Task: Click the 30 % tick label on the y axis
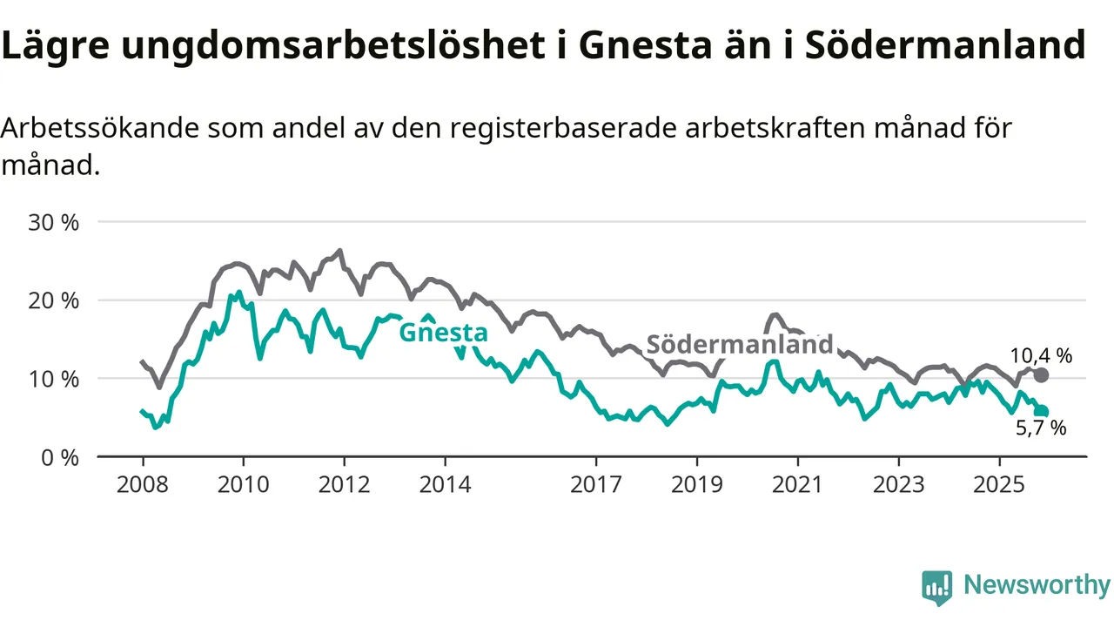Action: [55, 222]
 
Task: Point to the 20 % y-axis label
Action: [55, 300]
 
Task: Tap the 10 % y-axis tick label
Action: [55, 379]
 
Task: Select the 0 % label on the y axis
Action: [60, 457]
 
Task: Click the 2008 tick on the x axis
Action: [142, 484]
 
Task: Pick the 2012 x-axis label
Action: [344, 484]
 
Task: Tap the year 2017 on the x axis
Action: [595, 484]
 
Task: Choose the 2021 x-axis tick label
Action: [797, 484]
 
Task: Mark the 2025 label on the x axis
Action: [999, 484]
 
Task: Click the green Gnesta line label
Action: [443, 333]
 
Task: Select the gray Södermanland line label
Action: [740, 344]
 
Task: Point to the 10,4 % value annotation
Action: [1041, 355]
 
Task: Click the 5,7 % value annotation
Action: [1041, 428]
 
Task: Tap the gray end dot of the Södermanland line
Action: [1041, 375]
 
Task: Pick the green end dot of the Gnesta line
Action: [1041, 411]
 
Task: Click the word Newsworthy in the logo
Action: [1037, 585]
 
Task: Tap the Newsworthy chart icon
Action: [936, 588]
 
